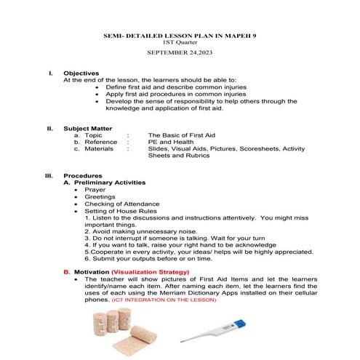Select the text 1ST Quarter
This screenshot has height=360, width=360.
point(180,43)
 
